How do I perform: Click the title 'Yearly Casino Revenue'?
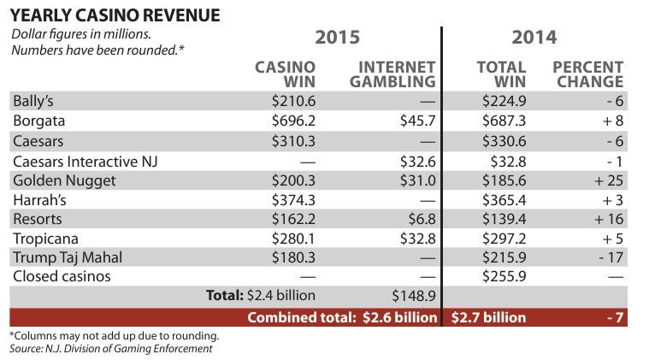(115, 15)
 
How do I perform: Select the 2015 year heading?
(337, 38)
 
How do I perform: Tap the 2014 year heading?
(534, 38)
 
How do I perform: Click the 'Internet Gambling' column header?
(397, 74)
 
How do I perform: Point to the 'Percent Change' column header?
(587, 74)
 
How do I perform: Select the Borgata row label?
(38, 121)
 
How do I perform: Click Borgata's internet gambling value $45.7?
(417, 121)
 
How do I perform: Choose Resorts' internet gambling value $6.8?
(422, 219)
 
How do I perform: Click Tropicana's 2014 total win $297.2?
(504, 238)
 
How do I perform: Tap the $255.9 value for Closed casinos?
(504, 277)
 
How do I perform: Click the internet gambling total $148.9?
(414, 296)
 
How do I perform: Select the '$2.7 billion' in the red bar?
(488, 317)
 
